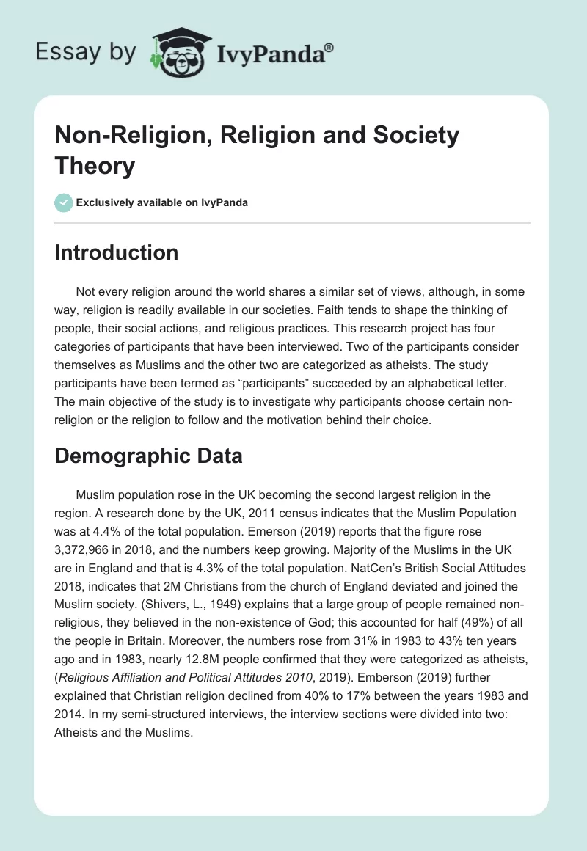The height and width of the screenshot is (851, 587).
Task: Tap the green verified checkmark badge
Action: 64,202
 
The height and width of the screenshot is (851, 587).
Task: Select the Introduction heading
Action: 117,252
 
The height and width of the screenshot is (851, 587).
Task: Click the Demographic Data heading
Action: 149,456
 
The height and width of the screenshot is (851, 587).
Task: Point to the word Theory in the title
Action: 95,165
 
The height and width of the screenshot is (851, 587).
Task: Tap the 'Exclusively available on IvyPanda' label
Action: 162,202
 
